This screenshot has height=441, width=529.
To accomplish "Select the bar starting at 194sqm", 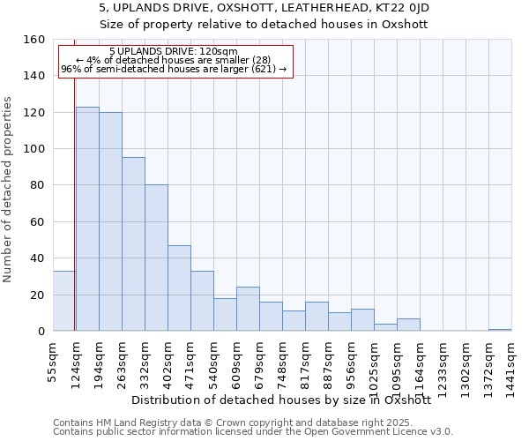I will point(110,221).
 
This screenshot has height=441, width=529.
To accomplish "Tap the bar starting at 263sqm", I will point(133,244).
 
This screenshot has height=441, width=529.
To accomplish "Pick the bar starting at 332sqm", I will point(156,258).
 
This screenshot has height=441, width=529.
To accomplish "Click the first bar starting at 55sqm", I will point(63,301).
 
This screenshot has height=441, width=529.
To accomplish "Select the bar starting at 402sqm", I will point(179,288).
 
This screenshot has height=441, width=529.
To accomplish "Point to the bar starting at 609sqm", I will point(248,309).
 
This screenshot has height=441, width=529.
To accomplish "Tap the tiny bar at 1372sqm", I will point(500,330).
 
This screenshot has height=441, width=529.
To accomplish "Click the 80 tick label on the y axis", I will point(36,185).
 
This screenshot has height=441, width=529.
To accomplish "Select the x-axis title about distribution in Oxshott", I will point(287,400).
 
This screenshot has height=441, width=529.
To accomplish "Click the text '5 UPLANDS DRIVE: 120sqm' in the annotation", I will point(174,52).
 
